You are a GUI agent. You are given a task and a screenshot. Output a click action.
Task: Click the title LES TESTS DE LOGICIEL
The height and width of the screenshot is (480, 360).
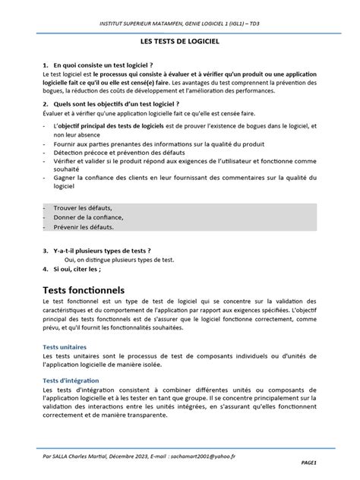pos(179,46)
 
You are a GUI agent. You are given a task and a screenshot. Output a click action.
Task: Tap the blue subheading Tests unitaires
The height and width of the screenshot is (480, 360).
pos(65,346)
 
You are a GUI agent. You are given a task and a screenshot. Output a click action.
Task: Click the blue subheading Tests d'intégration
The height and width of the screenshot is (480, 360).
pos(71,380)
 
